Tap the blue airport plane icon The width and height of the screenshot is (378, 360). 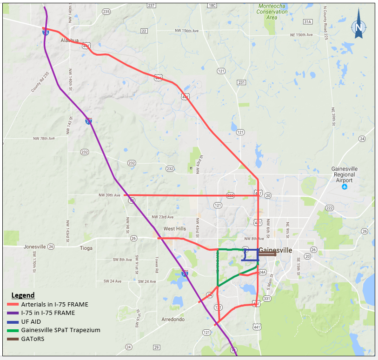[x=345, y=187]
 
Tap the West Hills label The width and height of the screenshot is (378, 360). [x=174, y=229]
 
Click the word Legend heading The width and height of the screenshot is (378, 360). [x=23, y=295]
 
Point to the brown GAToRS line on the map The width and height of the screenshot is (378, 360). [x=267, y=254]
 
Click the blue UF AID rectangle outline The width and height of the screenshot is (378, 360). [x=258, y=255]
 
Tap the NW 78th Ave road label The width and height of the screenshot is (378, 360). [x=44, y=139]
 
